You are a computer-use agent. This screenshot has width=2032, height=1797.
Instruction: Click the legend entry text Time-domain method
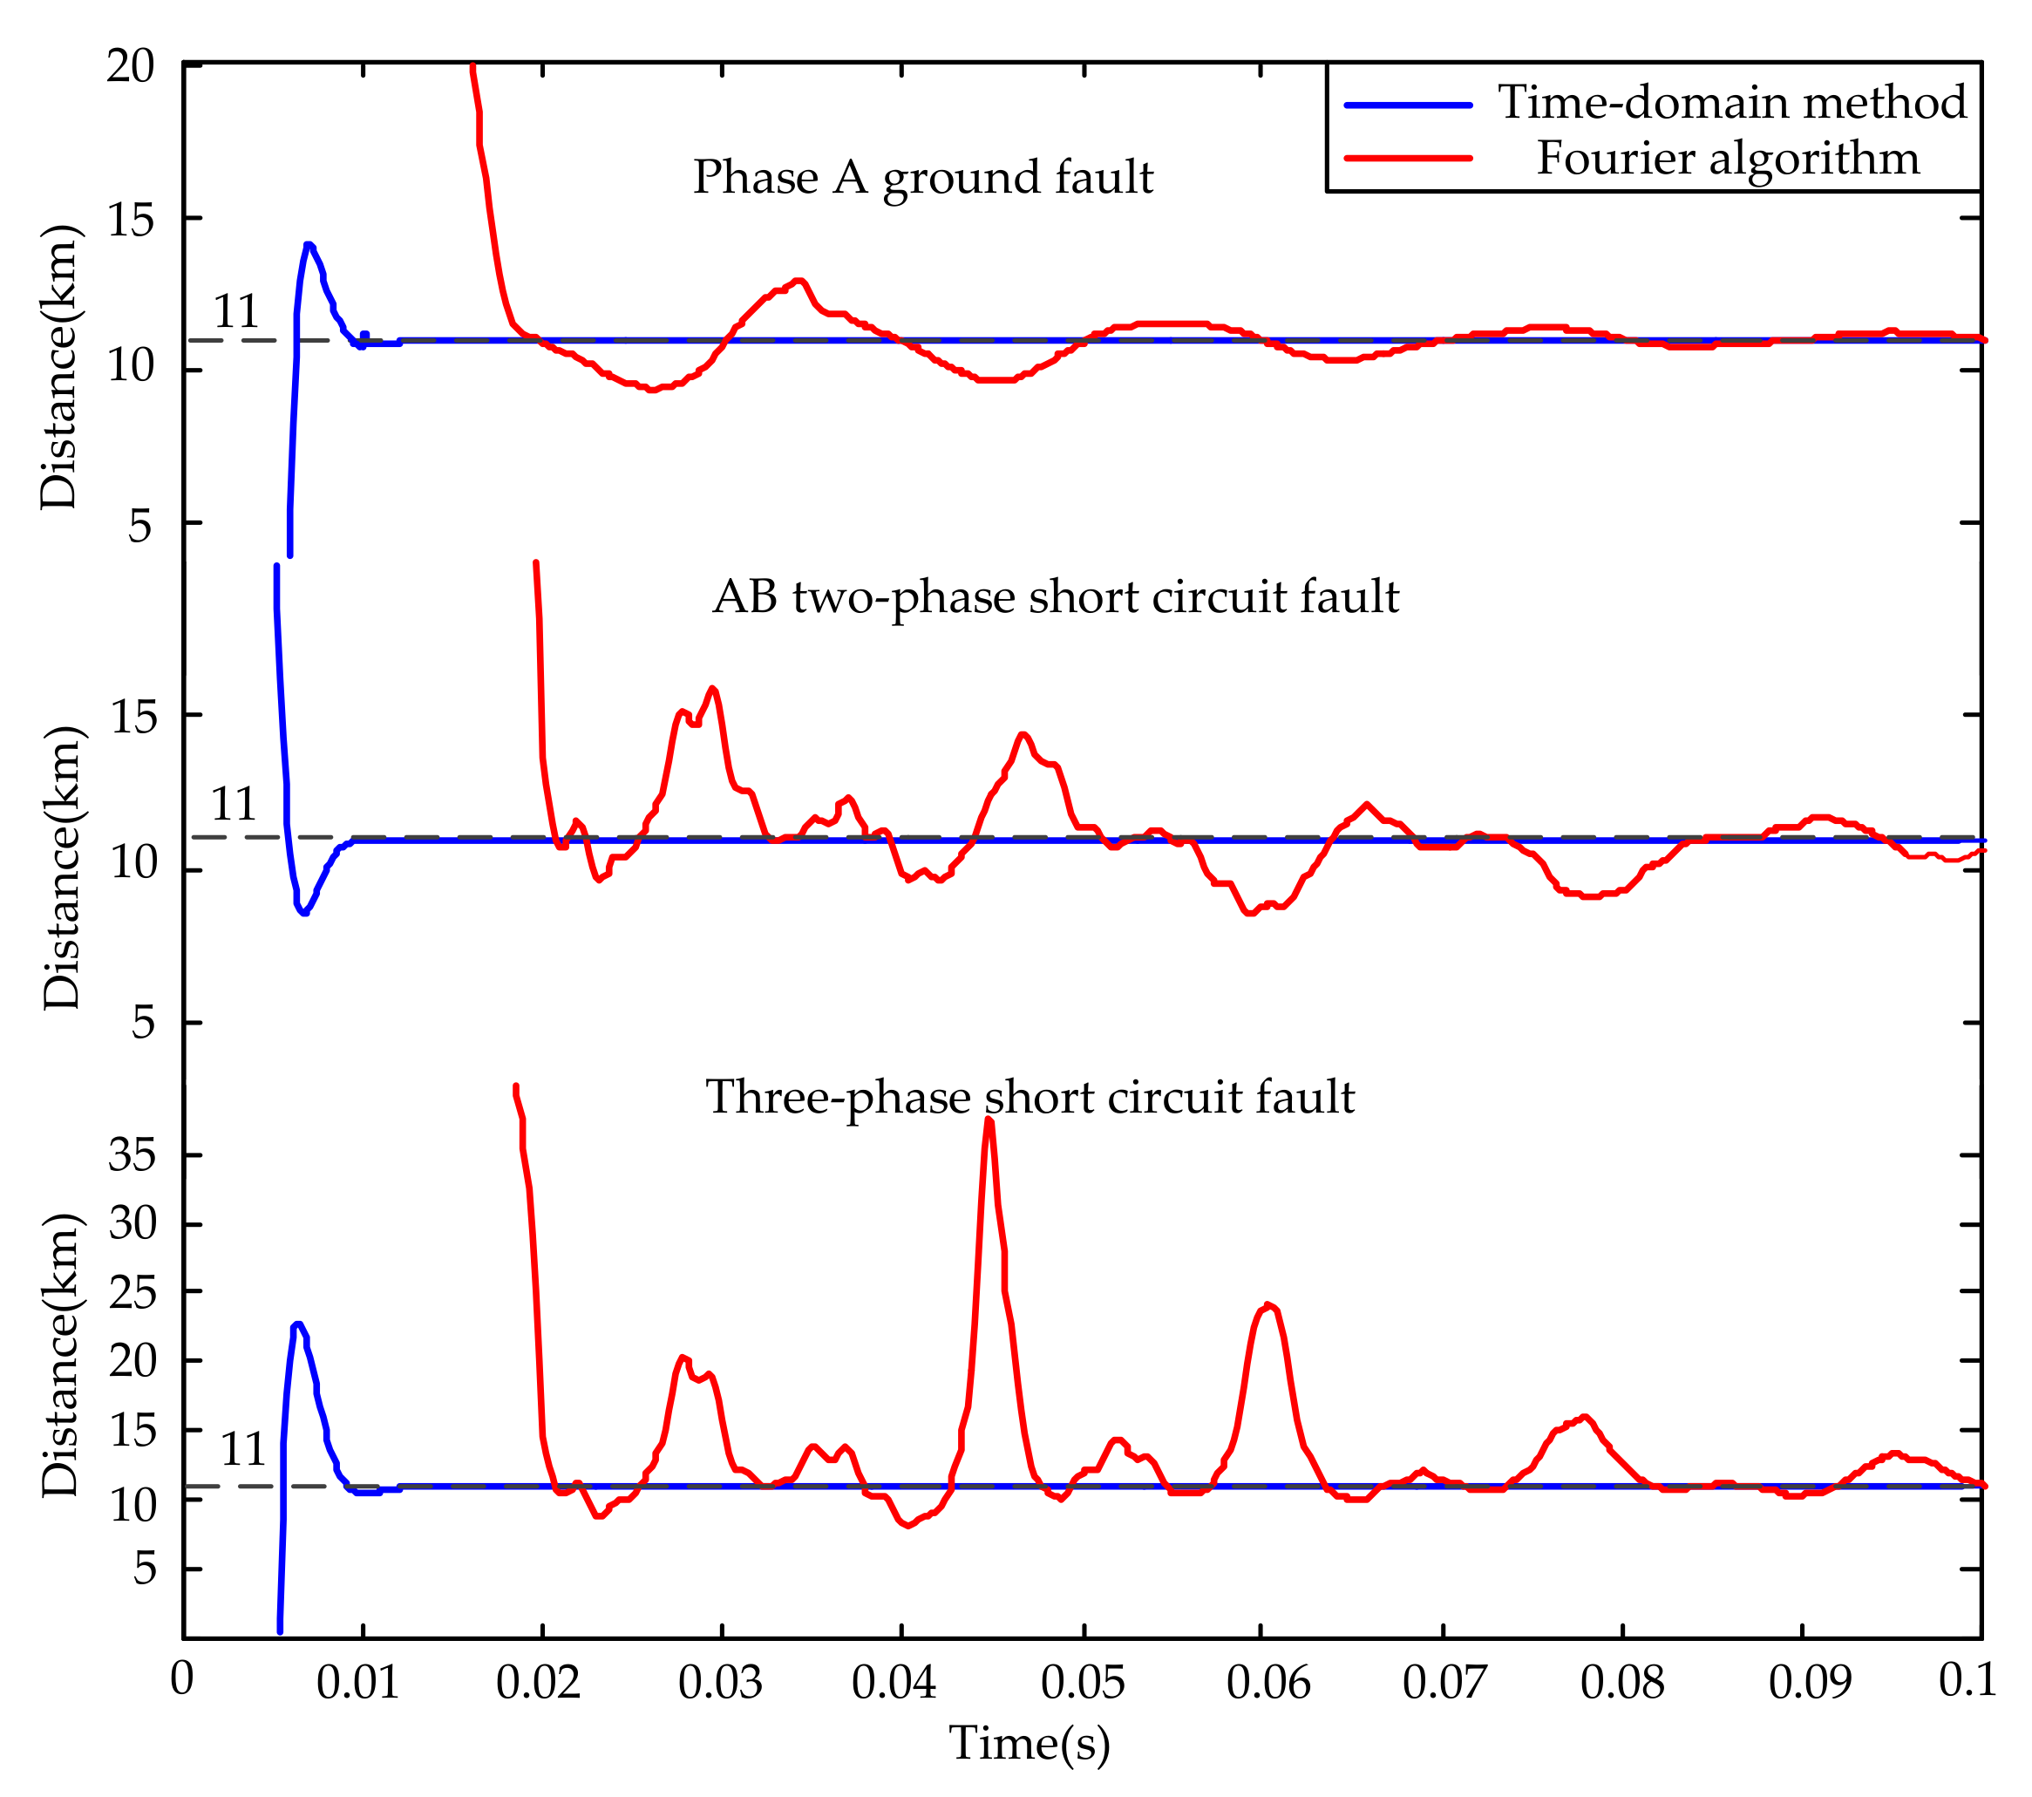[1732, 102]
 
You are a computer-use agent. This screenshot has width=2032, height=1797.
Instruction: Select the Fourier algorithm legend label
[1728, 158]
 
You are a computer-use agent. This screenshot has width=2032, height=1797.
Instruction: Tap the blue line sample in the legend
[1407, 105]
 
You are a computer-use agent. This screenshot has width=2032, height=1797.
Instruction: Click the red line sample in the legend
[1407, 158]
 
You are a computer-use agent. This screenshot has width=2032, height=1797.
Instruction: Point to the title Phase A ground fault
[922, 178]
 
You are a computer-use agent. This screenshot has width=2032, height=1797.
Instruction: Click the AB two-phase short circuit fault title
[1056, 597]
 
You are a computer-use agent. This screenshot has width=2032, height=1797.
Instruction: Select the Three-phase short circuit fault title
[1030, 1098]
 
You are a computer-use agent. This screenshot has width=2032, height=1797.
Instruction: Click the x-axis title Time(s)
[1029, 1743]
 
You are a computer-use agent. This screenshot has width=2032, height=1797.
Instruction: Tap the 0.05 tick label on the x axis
[1082, 1683]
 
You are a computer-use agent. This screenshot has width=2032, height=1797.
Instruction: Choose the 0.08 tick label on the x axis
[1621, 1683]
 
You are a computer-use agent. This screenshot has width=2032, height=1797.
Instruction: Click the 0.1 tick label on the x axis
[1967, 1681]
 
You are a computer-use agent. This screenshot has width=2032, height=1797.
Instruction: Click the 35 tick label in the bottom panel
[133, 1154]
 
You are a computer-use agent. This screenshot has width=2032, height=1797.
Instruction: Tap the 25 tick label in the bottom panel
[133, 1293]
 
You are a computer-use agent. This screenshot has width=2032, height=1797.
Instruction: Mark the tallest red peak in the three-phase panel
[989, 1120]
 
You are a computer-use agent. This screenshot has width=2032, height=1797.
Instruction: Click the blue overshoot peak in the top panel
[309, 245]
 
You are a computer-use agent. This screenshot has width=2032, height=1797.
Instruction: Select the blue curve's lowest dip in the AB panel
[303, 912]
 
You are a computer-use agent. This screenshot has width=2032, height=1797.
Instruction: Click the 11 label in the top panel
[236, 312]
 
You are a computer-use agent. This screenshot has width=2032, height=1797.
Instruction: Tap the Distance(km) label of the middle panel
[62, 868]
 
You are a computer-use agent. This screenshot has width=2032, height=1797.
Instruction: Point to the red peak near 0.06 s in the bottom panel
[1267, 1304]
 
